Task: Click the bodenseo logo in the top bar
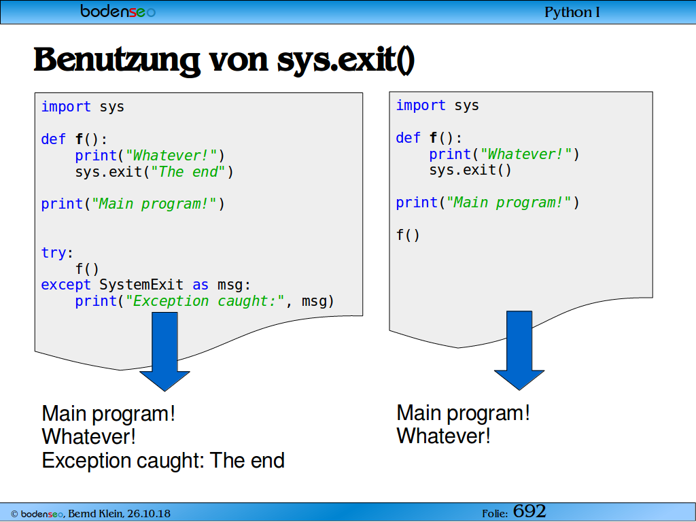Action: click(x=118, y=11)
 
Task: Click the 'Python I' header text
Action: click(x=572, y=12)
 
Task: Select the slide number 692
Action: click(x=529, y=511)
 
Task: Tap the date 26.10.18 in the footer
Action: click(x=149, y=514)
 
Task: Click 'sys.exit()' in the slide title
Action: click(x=346, y=60)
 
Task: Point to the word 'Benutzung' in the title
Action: click(x=117, y=60)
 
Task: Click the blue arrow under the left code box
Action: click(x=164, y=351)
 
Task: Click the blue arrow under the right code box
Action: click(x=519, y=351)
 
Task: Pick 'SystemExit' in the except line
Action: click(x=141, y=285)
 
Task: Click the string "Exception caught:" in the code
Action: click(x=205, y=301)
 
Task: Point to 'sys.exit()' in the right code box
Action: click(x=470, y=170)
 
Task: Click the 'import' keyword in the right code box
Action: click(x=420, y=105)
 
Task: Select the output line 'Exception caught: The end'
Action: click(x=163, y=460)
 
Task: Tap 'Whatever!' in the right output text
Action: click(x=443, y=436)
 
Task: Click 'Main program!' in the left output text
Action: click(x=108, y=414)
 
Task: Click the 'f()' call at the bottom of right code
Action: click(x=408, y=234)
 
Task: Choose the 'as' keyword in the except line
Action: click(x=201, y=285)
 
